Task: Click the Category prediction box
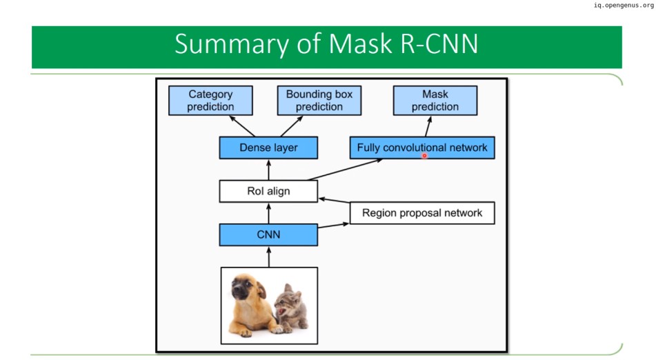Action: (210, 101)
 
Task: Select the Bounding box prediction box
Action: (319, 101)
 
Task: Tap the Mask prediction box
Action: (435, 101)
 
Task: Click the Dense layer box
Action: (268, 148)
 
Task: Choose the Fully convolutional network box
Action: (422, 148)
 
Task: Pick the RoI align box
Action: (268, 191)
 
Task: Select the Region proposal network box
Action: (422, 213)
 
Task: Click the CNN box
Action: (268, 234)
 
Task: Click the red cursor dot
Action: (424, 156)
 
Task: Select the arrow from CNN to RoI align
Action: (268, 213)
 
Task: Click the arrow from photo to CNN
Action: (268, 257)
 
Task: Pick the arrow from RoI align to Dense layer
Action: (268, 170)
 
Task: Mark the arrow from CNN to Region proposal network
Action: (333, 226)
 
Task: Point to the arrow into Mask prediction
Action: (428, 126)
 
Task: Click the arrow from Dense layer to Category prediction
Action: (242, 126)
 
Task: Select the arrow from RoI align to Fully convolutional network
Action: (345, 170)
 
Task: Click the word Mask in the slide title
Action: (361, 43)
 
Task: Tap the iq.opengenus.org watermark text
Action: (624, 6)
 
